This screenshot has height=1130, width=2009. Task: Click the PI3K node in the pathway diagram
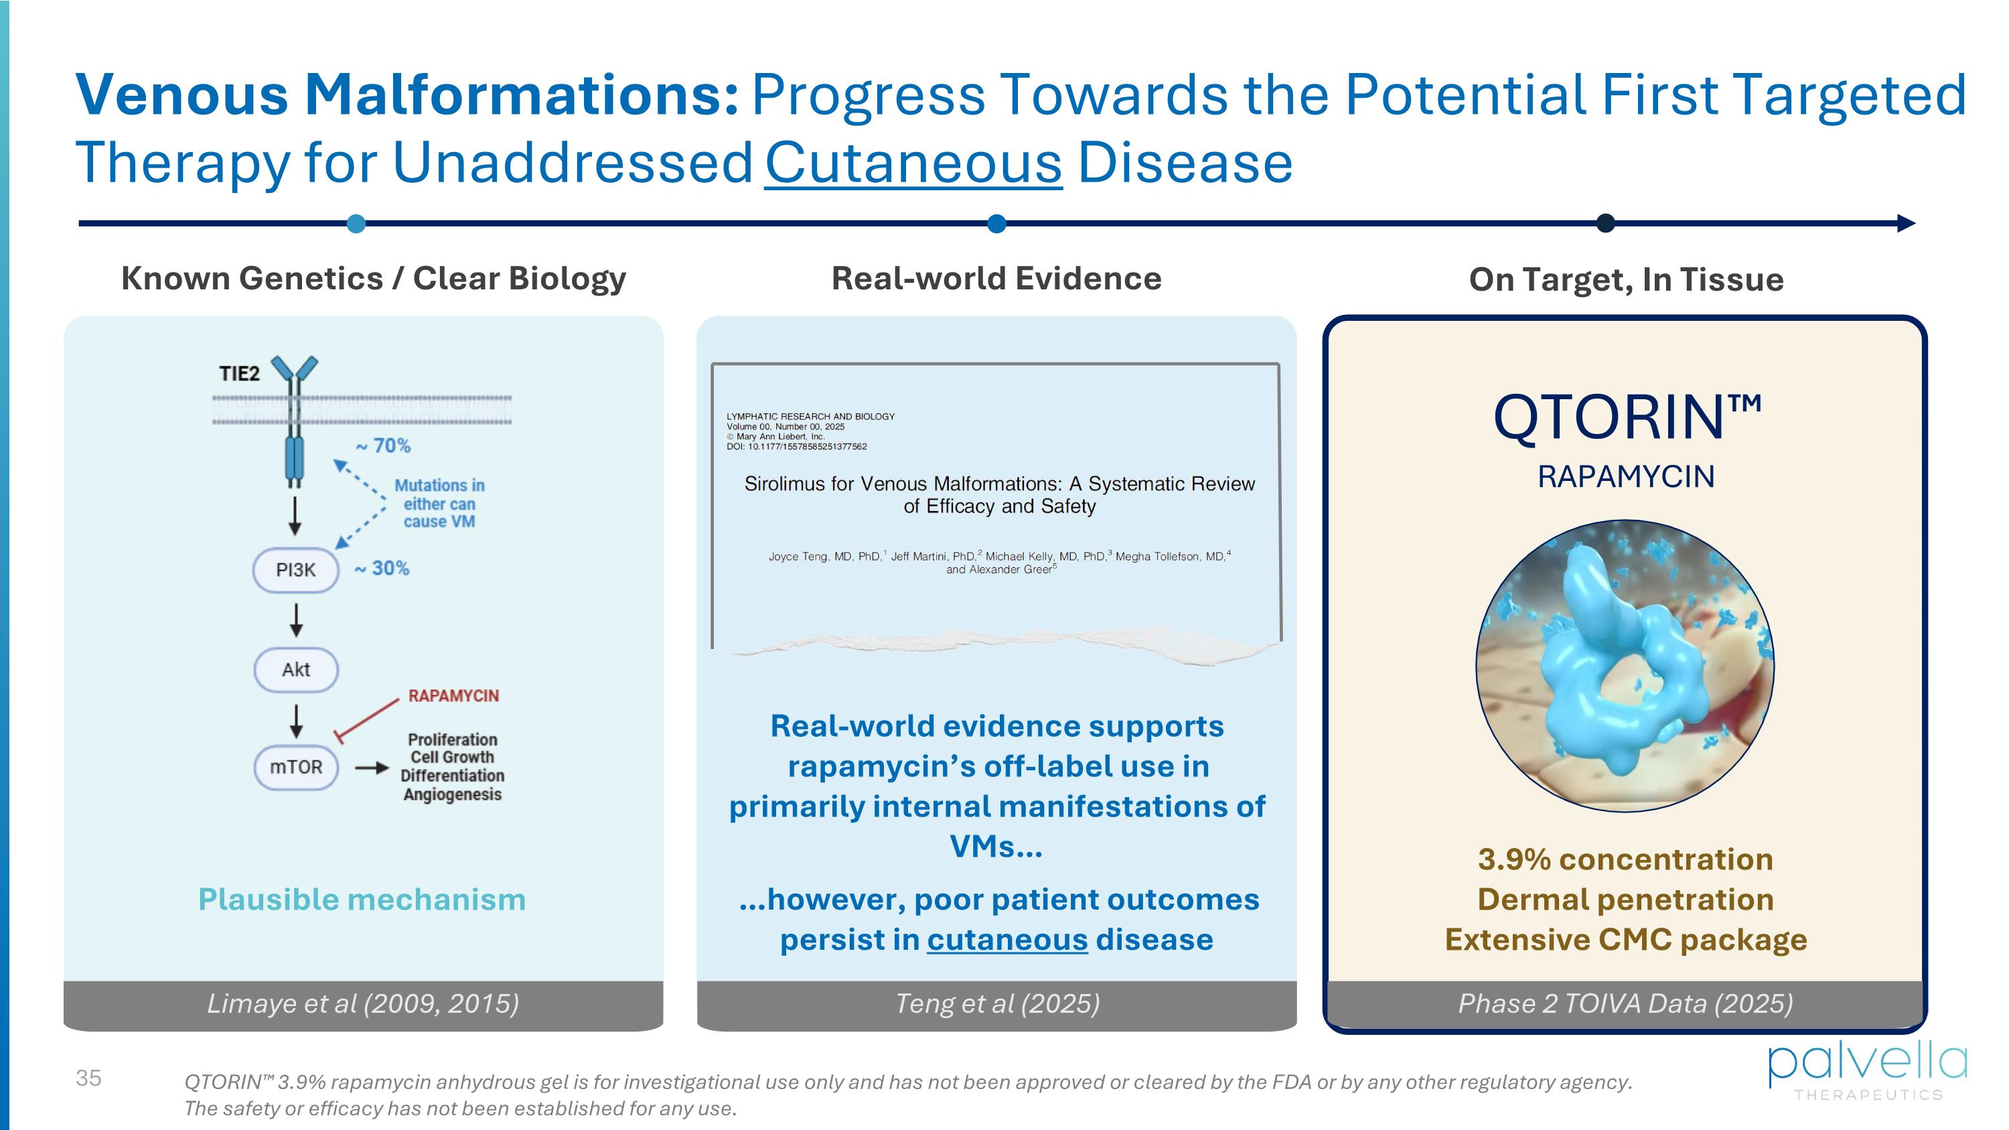(295, 570)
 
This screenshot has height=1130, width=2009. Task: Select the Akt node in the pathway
(295, 669)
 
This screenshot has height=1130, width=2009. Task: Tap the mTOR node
(295, 768)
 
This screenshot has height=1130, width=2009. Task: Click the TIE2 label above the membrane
(238, 374)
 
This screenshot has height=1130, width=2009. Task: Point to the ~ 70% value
(383, 445)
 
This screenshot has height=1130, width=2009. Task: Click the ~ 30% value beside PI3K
(382, 568)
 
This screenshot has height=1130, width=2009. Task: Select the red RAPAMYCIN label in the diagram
(453, 696)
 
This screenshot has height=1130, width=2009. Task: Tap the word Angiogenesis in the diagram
(452, 794)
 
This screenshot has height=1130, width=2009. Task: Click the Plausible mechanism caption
(362, 899)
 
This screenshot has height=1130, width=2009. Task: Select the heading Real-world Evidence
(996, 279)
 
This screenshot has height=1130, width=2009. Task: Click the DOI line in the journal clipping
(796, 447)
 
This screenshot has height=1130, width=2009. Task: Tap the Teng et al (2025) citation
(996, 1003)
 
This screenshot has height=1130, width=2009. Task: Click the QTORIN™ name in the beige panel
(1626, 418)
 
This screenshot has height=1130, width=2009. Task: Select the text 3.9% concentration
(1625, 859)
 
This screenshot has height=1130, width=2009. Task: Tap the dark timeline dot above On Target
(1605, 224)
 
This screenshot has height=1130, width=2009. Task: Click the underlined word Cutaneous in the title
(913, 162)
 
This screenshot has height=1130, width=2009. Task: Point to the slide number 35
(88, 1078)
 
